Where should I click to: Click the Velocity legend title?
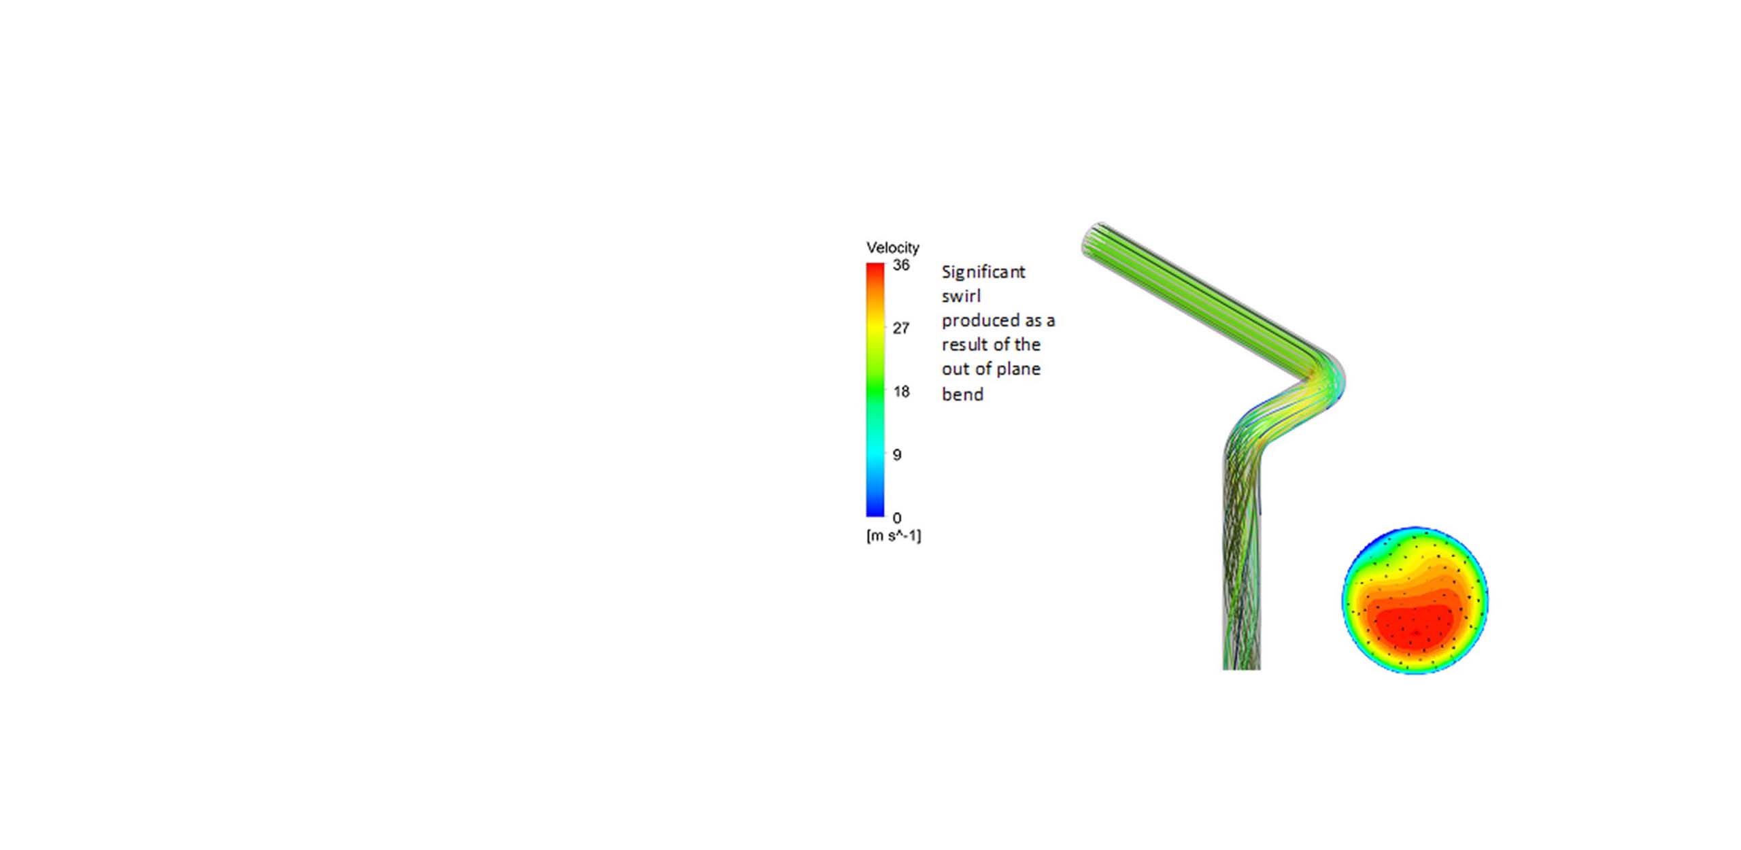(x=892, y=248)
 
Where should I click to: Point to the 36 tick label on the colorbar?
(x=900, y=265)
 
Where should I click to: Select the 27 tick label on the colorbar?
(x=900, y=328)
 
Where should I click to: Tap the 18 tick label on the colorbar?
(x=900, y=392)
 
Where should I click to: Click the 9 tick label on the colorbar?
(x=897, y=455)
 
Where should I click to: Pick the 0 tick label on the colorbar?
(x=896, y=518)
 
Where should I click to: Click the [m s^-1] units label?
(x=893, y=536)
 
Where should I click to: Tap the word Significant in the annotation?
(x=983, y=272)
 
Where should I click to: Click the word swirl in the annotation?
(x=960, y=296)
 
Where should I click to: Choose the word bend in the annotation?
(x=962, y=394)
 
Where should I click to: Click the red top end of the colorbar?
(x=875, y=269)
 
